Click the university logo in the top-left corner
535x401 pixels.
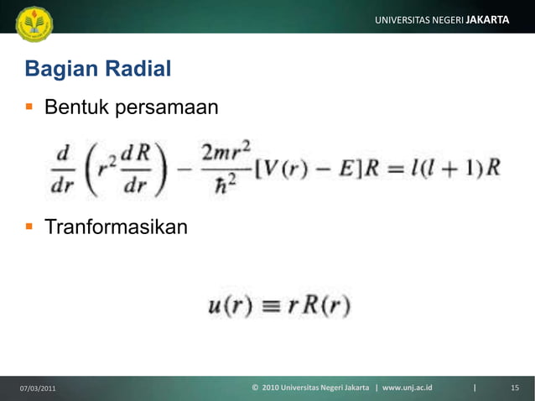tap(34, 23)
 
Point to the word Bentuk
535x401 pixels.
tap(76, 107)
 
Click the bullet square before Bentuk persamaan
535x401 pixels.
tap(30, 107)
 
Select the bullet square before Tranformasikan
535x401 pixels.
tap(30, 227)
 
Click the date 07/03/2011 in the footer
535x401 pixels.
tap(39, 388)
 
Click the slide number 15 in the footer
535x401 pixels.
tap(515, 388)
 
